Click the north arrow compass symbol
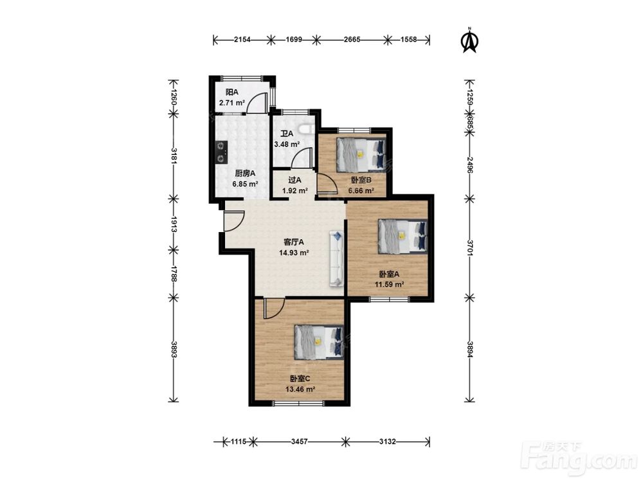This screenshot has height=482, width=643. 470,40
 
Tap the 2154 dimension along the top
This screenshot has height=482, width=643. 242,40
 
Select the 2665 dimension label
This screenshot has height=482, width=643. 352,40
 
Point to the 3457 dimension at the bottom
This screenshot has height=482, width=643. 300,442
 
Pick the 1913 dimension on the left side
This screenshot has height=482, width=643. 174,224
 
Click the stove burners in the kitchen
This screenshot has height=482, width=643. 221,152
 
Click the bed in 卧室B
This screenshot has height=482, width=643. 361,155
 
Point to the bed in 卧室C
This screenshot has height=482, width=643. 319,342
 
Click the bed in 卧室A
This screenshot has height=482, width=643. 403,236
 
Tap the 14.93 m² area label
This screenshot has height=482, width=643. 294,253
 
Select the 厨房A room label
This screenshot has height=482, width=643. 245,174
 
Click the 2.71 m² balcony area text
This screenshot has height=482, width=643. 232,103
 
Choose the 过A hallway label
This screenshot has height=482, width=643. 295,180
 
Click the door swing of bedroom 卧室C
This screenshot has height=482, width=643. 274,308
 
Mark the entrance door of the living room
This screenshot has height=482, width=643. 234,221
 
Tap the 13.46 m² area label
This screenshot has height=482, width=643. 300,389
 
